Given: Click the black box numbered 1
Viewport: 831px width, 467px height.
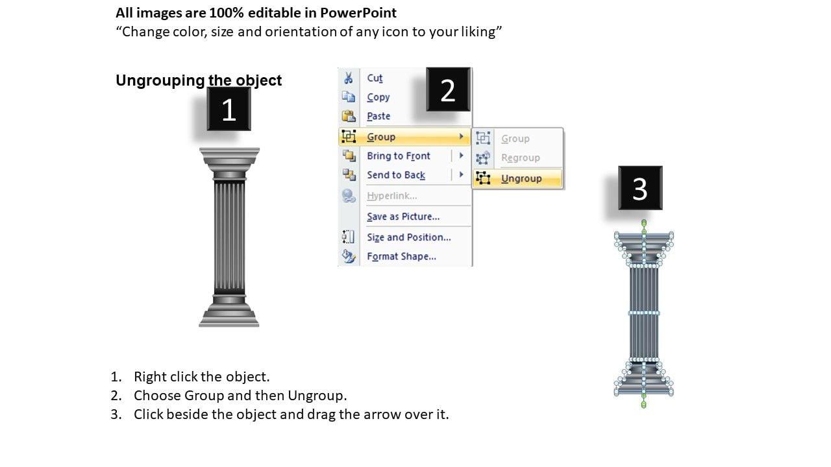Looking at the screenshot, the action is [x=229, y=109].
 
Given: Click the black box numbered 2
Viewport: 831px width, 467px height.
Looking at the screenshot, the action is [x=448, y=90].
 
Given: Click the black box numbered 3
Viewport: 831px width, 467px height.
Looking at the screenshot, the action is [x=640, y=188].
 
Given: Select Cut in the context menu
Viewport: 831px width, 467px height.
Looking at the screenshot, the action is [x=375, y=78].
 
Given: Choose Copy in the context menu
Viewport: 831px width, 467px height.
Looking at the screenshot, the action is [x=378, y=97].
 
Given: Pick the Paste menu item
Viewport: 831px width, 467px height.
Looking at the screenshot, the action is [x=378, y=116].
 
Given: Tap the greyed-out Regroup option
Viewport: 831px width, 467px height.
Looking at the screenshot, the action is [x=521, y=158].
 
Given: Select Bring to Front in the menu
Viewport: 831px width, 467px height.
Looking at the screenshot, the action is [x=399, y=156].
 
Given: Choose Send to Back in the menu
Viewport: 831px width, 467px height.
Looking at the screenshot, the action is [x=396, y=175].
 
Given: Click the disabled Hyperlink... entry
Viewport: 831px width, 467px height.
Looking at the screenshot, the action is [x=391, y=196].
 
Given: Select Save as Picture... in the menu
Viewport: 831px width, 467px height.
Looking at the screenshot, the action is [x=403, y=217].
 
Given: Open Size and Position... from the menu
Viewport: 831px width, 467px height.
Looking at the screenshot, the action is [x=409, y=237].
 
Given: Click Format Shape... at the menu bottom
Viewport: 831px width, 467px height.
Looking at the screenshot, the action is [x=401, y=256].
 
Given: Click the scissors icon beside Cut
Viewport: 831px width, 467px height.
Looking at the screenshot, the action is [x=349, y=78].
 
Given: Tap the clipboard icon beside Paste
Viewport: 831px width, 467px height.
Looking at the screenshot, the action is [x=349, y=116].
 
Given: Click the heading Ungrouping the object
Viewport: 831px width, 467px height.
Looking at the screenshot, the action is [x=199, y=80].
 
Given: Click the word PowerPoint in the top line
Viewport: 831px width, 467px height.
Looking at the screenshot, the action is [x=358, y=13].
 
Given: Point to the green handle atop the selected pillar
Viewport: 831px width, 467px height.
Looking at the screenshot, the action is [x=644, y=222].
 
